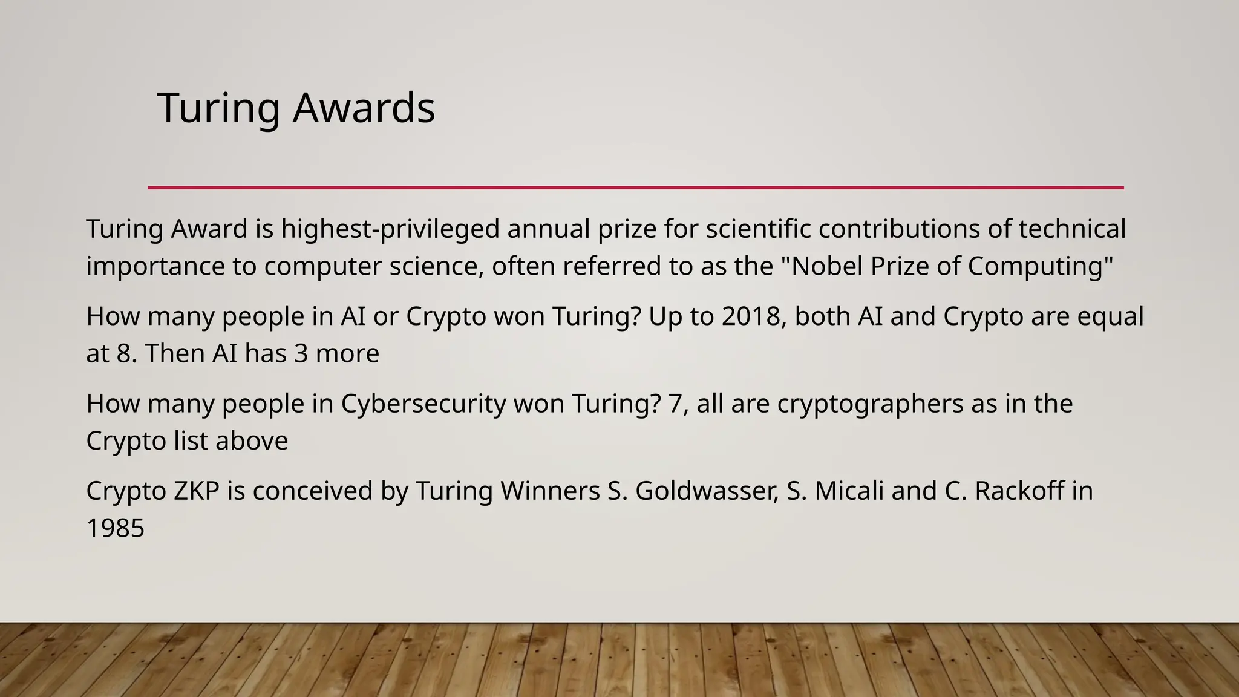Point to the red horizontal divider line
pos(635,188)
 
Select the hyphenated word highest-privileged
pos(390,229)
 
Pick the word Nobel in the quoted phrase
pos(827,266)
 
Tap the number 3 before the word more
pos(301,353)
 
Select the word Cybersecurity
pos(423,404)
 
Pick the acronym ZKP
pos(196,491)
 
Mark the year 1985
pos(116,528)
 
